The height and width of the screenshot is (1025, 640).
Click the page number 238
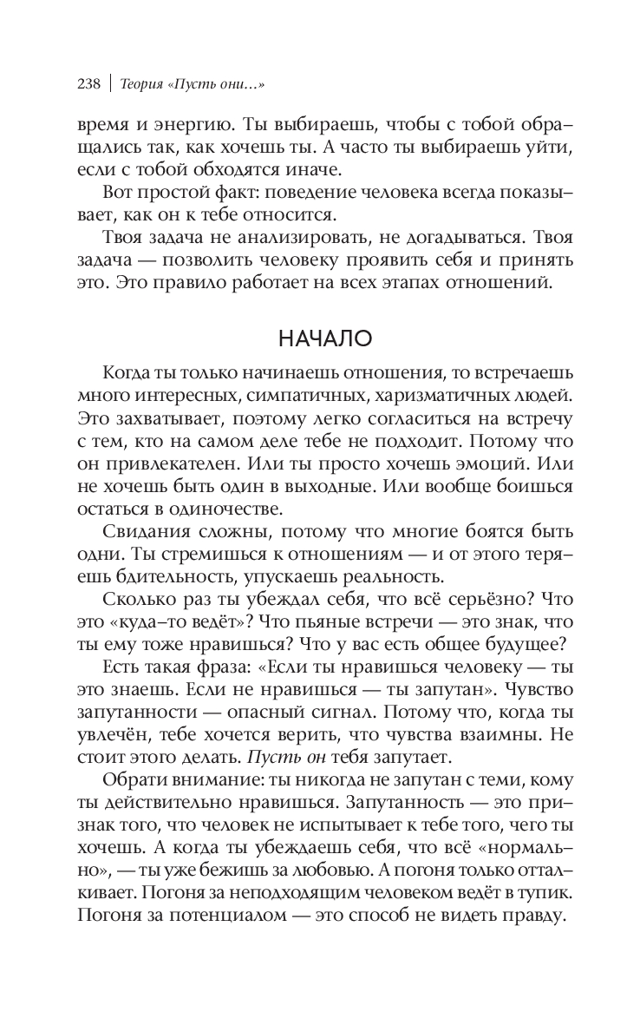pos(89,83)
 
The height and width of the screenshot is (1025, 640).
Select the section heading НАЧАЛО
pos(319,337)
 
